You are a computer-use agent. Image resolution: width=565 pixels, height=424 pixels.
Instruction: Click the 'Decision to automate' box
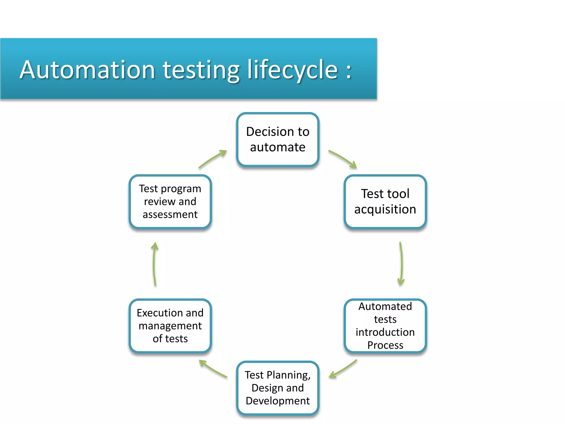(x=278, y=139)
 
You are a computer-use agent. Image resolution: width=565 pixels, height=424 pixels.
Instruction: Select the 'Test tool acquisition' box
(x=385, y=202)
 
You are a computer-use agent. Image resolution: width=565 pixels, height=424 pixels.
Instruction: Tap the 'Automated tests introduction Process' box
(x=385, y=326)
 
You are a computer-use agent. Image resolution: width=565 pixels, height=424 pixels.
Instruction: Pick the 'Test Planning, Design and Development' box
(x=278, y=388)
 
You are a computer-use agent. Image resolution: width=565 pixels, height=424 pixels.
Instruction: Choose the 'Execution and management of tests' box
(x=170, y=326)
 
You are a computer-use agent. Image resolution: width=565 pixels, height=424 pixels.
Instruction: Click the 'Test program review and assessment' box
(x=170, y=202)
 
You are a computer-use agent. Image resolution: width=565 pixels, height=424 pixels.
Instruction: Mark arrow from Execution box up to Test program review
(x=154, y=264)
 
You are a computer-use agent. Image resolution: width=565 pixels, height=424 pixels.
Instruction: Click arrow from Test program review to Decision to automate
(x=212, y=159)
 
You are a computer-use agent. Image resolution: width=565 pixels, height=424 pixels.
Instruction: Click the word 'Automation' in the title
(x=87, y=70)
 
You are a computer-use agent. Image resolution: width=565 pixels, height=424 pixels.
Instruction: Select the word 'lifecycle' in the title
(x=292, y=70)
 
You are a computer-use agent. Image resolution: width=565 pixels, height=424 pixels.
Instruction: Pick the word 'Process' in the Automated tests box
(x=385, y=345)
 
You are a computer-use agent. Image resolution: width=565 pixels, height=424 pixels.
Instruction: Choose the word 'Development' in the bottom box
(x=278, y=401)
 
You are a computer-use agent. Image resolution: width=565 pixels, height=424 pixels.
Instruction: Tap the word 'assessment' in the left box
(x=170, y=214)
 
